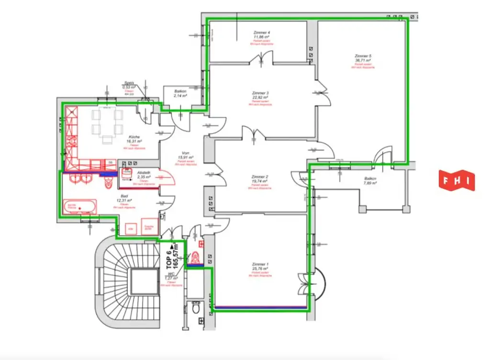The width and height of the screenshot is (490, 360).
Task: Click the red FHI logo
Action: (457, 180)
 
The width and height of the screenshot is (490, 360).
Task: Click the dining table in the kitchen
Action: (105, 122)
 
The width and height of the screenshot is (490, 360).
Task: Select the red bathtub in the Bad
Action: (79, 207)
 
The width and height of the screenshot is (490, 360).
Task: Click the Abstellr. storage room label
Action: (144, 174)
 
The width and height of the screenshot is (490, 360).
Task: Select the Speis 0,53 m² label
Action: (129, 85)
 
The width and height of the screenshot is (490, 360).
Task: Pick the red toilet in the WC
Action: (195, 258)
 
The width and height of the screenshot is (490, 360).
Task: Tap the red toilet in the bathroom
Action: (108, 182)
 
